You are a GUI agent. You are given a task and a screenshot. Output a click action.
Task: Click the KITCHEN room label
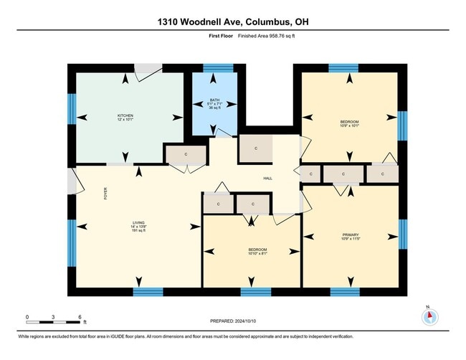pyautogui.click(x=125, y=115)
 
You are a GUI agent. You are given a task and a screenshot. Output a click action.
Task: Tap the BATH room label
pyautogui.click(x=214, y=100)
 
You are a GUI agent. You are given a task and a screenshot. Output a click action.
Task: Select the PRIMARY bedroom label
pyautogui.click(x=351, y=235)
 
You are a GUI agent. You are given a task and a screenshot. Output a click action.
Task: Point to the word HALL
pyautogui.click(x=267, y=179)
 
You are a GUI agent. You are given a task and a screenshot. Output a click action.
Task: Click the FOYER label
pyautogui.click(x=105, y=194)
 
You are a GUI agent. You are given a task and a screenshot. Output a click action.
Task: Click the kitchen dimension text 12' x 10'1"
pyautogui.click(x=125, y=120)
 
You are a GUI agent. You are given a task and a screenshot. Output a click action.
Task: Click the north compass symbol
pyautogui.click(x=429, y=317)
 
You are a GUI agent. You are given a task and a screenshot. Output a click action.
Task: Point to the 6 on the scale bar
pyautogui.click(x=80, y=316)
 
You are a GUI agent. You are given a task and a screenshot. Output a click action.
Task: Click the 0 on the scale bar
pyautogui.click(x=27, y=316)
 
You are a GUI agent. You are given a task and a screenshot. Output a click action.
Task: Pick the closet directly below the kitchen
pyautogui.click(x=185, y=154)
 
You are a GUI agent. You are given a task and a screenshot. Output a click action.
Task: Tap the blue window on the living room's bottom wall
pyautogui.click(x=148, y=292)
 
